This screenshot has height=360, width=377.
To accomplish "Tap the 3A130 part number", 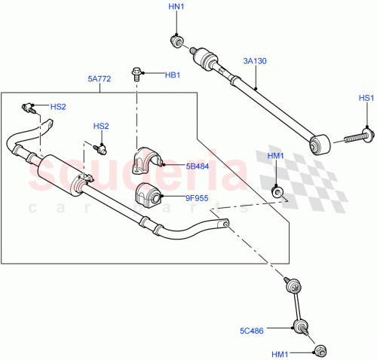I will tap(256, 59).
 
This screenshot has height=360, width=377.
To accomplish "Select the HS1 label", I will tap(366, 99).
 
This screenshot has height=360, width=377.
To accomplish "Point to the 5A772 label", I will tap(99, 77).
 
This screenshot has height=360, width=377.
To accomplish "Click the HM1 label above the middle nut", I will tap(275, 156).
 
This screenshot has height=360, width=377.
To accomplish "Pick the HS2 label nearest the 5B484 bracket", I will tap(101, 126).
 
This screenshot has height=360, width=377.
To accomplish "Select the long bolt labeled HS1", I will tap(354, 139).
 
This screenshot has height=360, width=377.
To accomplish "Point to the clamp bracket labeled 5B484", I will tap(149, 162).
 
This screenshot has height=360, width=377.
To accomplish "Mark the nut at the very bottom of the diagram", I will tap(320, 351).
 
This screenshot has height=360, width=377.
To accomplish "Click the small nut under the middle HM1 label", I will tap(279, 193).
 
